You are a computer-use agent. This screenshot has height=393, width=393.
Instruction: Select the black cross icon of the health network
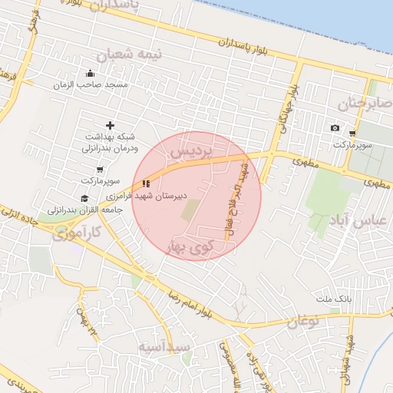tap(110, 124)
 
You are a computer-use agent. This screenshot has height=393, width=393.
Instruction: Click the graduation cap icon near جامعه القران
tap(84, 198)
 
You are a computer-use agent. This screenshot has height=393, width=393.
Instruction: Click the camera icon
tap(335, 127)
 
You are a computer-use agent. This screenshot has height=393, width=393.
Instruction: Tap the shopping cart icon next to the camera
tap(352, 133)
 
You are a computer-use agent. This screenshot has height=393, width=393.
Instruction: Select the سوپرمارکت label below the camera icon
tap(353, 144)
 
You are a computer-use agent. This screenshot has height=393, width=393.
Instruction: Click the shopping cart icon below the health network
tap(100, 170)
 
